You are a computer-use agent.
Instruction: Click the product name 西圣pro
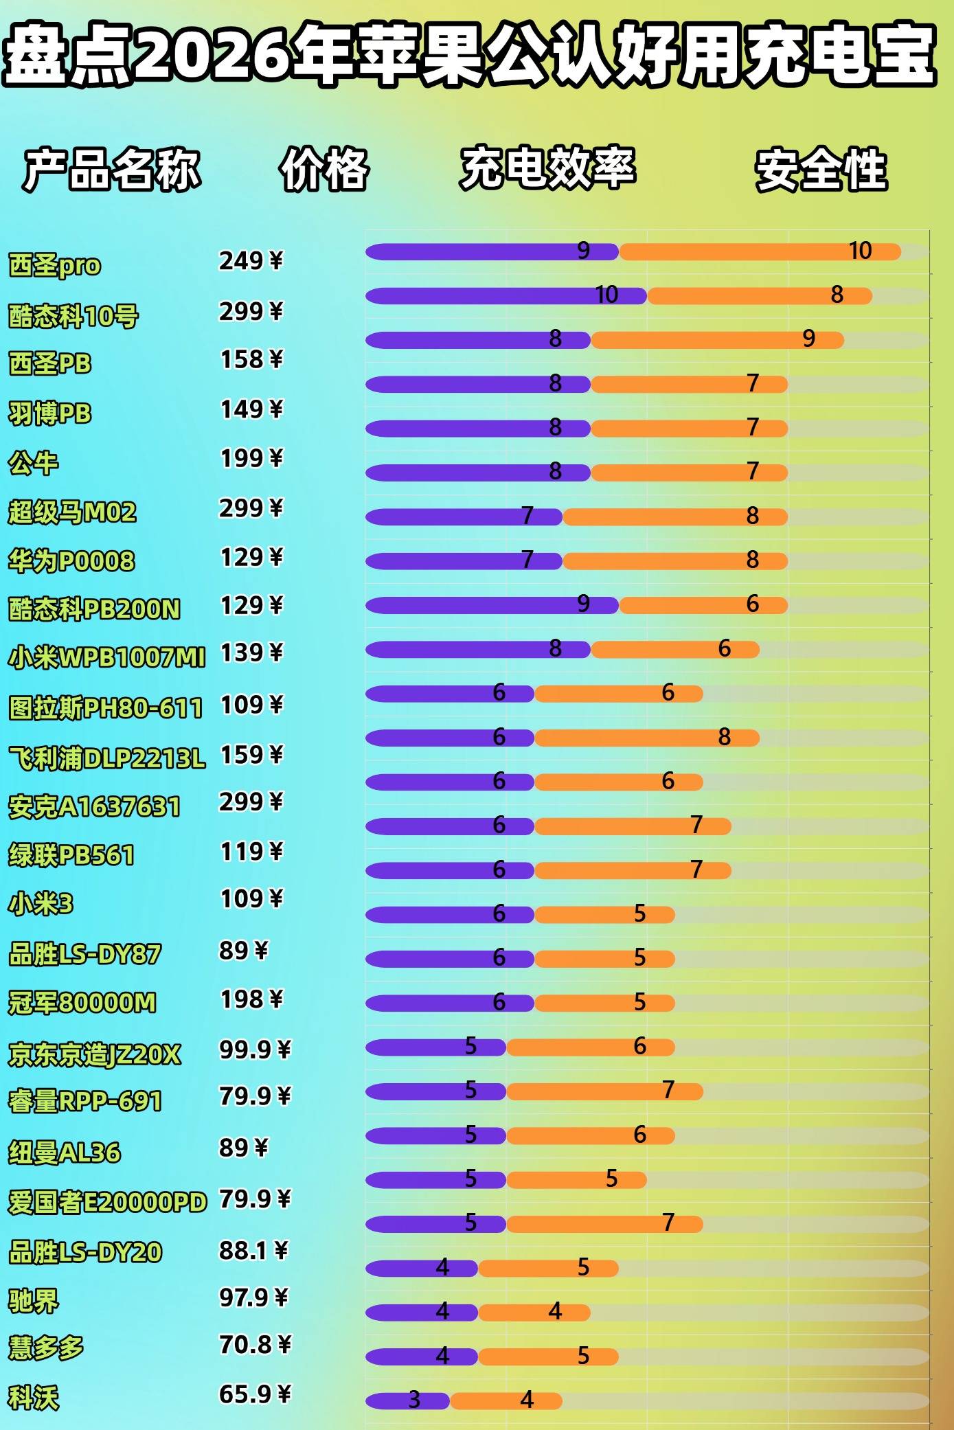click(54, 265)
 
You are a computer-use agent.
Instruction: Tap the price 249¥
click(251, 261)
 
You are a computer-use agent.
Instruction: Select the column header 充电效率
click(547, 168)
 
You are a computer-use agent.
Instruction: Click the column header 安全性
click(821, 170)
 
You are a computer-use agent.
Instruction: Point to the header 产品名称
click(112, 170)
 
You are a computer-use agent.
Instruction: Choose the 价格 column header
click(324, 170)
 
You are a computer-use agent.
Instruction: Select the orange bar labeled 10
click(759, 252)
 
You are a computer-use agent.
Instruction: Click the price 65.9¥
click(255, 1394)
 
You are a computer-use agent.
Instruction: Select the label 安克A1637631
click(94, 807)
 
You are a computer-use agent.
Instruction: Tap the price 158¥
click(251, 359)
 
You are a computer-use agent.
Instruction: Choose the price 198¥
click(251, 999)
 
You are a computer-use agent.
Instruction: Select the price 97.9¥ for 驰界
click(255, 1297)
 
